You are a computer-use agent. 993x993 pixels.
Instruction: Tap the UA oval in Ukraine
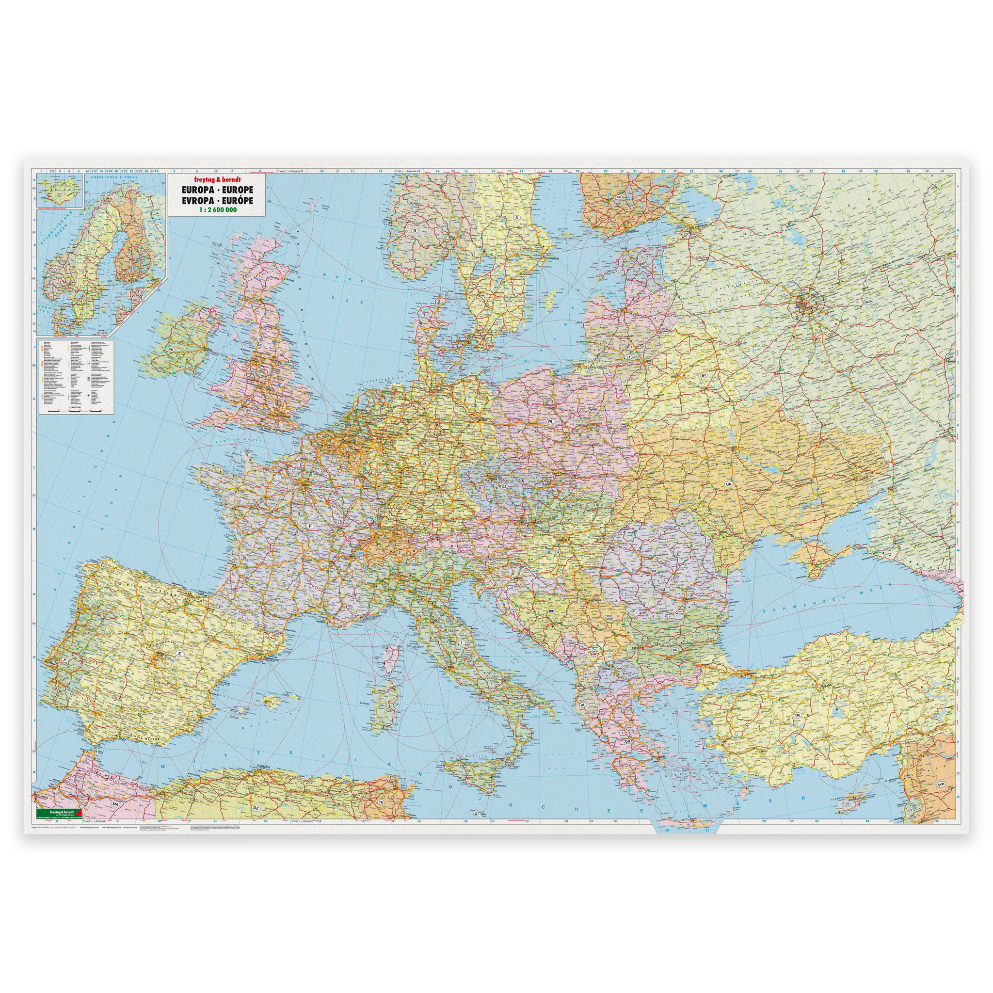pos(728,485)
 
